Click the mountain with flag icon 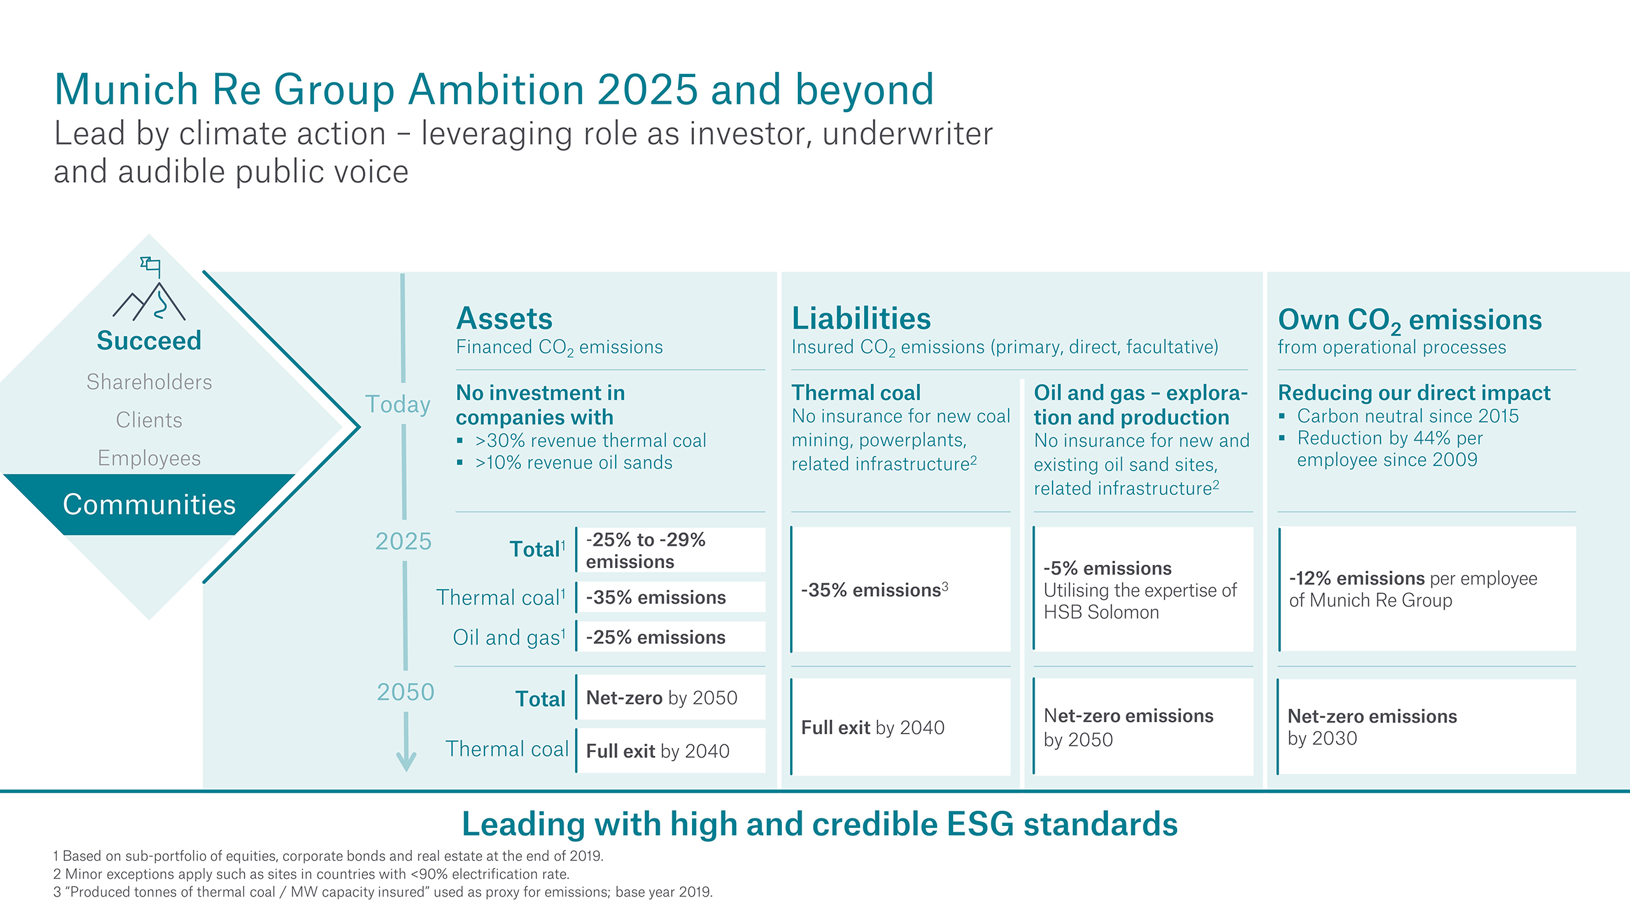coord(150,290)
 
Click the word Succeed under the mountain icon coord(149,341)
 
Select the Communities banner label coord(149,504)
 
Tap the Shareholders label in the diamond coord(149,382)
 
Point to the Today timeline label coord(398,404)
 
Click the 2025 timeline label coord(403,541)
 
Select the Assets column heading coord(504,318)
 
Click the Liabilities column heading coord(861,318)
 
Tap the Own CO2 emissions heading coord(1410,320)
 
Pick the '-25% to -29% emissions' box coord(670,550)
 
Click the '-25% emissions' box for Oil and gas coord(670,637)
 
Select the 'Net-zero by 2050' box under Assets coord(670,698)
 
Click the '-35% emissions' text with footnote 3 coord(874,590)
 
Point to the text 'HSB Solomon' coord(1101,613)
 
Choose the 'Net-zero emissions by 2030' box coord(1426,727)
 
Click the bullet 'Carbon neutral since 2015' coord(1407,416)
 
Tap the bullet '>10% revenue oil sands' coord(573,463)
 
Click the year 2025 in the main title coord(648,89)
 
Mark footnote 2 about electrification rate coord(311,874)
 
